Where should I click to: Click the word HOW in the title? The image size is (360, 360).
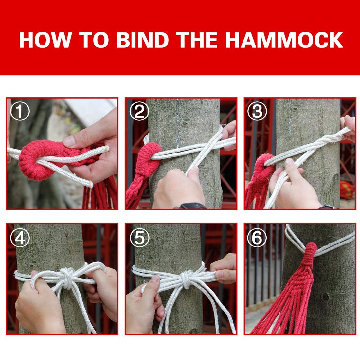click(45, 40)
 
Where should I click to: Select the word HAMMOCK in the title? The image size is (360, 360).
click(284, 40)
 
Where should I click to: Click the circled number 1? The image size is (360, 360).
click(20, 112)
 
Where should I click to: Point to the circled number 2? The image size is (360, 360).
click(139, 112)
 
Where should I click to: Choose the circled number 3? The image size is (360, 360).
click(257, 112)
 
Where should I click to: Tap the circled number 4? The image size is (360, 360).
click(20, 238)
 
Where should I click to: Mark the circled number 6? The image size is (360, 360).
click(257, 238)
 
